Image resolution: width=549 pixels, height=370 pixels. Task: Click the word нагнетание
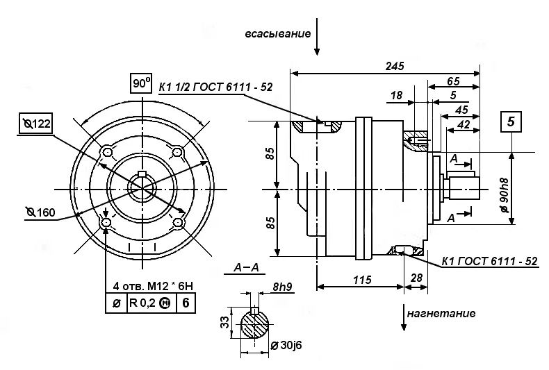click(441, 313)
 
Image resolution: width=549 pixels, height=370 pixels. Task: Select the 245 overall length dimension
click(395, 66)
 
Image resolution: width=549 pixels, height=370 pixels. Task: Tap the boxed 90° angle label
click(141, 83)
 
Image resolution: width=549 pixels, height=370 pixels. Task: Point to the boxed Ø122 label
click(35, 123)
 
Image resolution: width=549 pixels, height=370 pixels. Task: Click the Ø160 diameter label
click(40, 212)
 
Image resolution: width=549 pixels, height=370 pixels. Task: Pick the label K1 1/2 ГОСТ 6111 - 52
click(215, 87)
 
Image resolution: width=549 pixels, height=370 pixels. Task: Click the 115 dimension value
click(361, 280)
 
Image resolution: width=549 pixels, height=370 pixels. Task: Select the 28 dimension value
click(416, 278)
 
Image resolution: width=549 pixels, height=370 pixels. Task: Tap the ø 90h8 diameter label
click(505, 195)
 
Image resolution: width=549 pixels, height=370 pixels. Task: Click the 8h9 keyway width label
click(282, 287)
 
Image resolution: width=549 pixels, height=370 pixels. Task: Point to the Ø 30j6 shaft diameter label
click(286, 346)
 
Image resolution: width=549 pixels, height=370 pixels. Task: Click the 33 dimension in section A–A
click(226, 322)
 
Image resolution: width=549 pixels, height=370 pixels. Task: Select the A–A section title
click(246, 267)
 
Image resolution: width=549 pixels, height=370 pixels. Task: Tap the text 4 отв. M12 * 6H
click(153, 287)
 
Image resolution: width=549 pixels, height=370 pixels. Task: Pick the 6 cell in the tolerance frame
click(186, 303)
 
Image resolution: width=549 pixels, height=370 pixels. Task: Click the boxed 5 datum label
click(511, 121)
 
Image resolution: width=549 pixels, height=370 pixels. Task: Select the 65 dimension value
click(453, 81)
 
